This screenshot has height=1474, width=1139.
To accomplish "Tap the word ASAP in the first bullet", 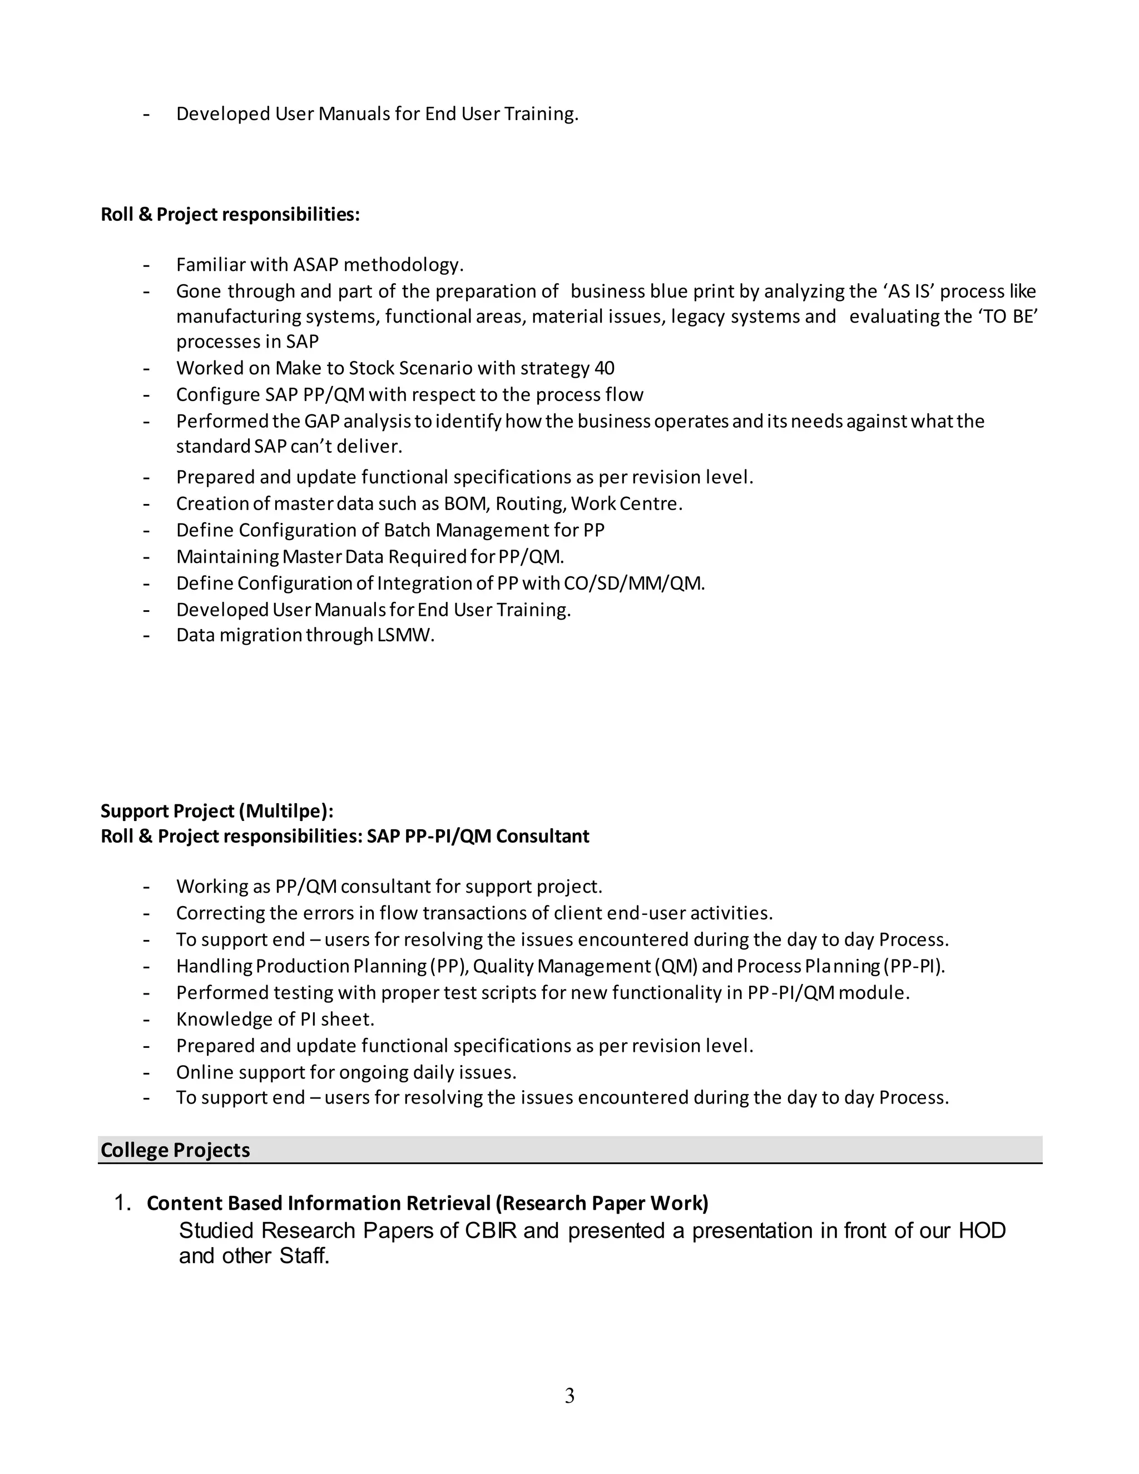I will click(315, 265).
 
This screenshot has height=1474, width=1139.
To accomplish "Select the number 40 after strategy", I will click(604, 368).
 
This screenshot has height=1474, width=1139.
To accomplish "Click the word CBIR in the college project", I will click(491, 1230).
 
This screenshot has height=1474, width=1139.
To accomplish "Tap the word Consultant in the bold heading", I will click(542, 836).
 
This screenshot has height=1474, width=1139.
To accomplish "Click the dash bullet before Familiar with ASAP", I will click(146, 265).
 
